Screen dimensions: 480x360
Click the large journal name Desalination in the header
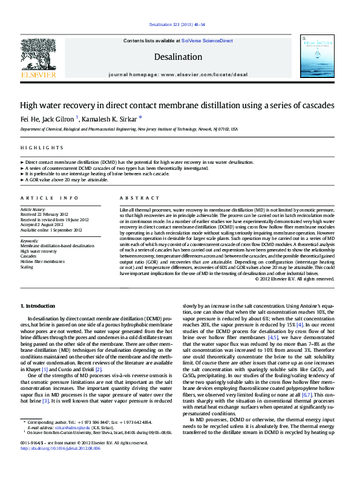point(177,57)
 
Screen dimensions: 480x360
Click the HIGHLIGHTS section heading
point(42,148)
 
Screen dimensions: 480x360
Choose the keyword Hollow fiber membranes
point(42,261)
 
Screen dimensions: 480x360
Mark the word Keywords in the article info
point(30,241)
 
